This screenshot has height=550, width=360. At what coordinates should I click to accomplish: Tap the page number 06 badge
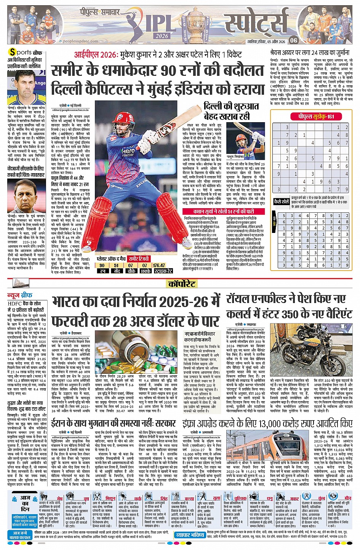pos(293,40)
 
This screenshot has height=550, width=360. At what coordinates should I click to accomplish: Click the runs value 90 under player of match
pos(102,265)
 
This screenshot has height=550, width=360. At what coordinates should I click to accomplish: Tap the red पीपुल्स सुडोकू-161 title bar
pos(311,116)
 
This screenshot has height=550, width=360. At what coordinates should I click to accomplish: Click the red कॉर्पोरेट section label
pos(182,284)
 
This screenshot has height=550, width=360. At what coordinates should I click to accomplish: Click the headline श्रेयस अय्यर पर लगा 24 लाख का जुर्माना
pos(309,53)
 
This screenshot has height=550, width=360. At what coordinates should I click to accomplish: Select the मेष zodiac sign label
pos(60,498)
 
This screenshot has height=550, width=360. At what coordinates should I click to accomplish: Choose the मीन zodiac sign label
pos(347,498)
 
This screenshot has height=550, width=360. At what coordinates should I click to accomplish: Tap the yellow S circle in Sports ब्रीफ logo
pos(13,52)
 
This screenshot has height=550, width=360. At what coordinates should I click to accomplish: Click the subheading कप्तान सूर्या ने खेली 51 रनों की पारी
pos(223,211)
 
